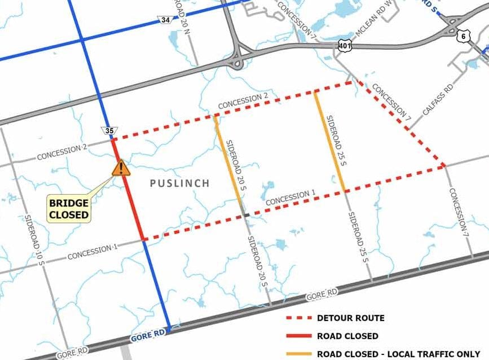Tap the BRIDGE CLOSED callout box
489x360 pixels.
point(68,209)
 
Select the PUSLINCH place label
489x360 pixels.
point(179,183)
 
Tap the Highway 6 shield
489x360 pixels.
point(463,36)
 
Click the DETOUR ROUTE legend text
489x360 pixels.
point(350,318)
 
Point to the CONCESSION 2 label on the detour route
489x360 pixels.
point(243,102)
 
